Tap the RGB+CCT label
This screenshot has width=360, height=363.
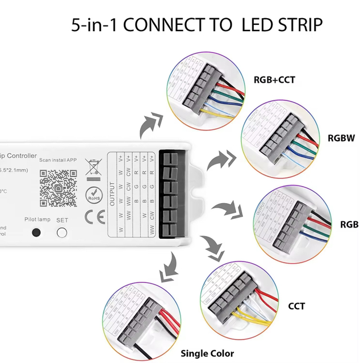(274, 80)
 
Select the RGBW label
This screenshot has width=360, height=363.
(341, 137)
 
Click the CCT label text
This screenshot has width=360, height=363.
(296, 306)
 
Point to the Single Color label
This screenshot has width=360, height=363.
(207, 353)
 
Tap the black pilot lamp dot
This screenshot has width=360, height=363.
(37, 233)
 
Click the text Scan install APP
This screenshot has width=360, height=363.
(58, 160)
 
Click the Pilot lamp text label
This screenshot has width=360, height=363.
(37, 219)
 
